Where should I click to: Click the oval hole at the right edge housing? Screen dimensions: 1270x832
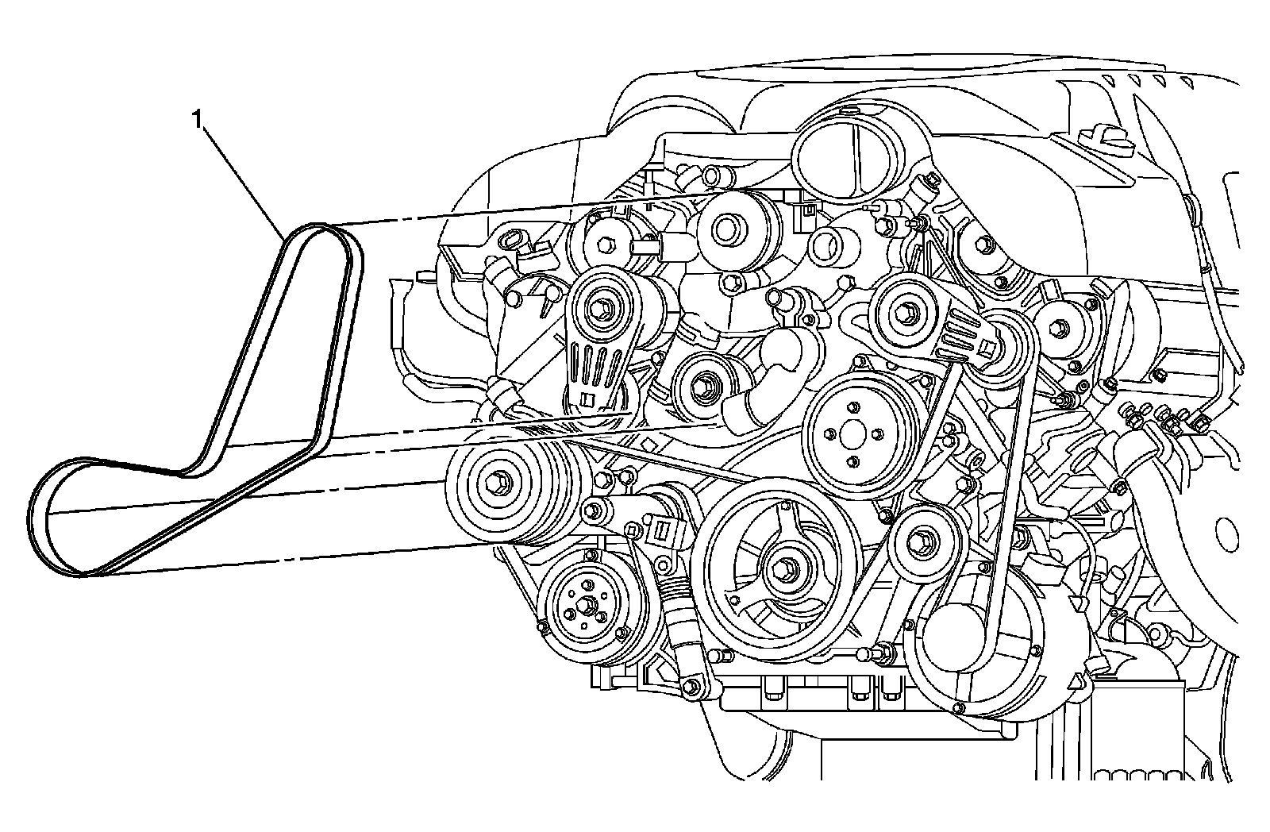click(1228, 530)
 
